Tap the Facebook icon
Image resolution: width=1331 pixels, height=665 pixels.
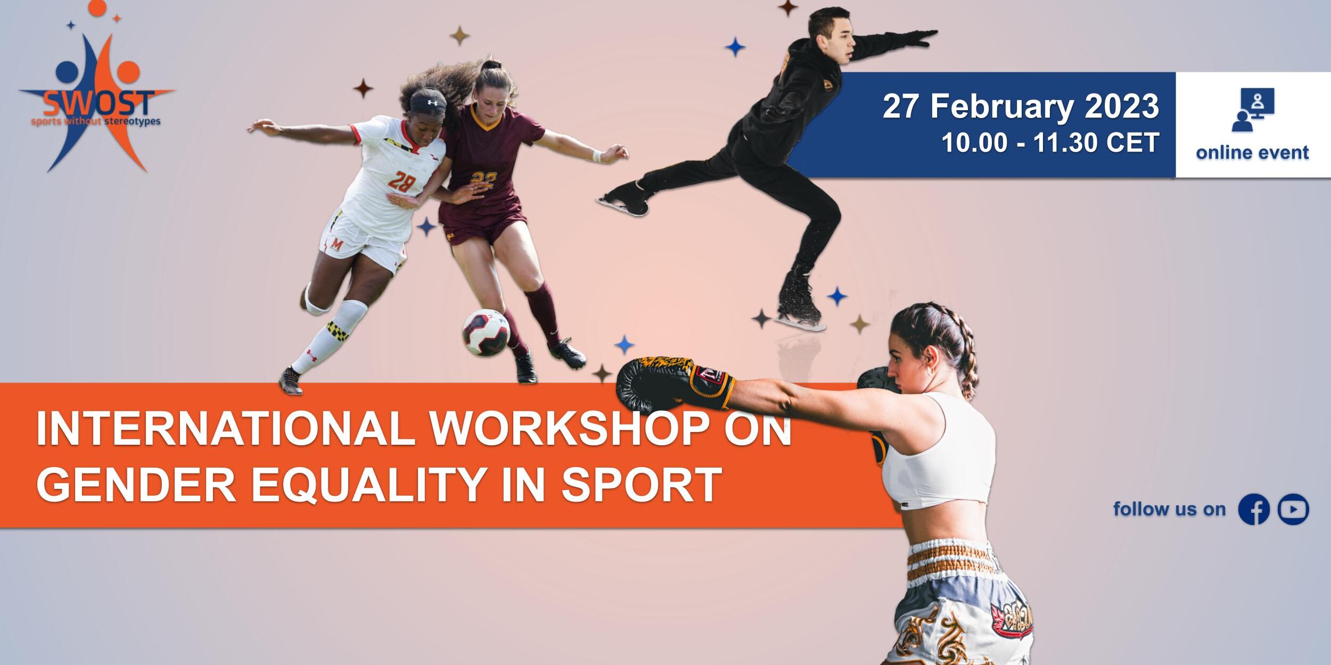pos(1254,509)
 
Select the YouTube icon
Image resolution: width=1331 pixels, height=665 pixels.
pos(1294,509)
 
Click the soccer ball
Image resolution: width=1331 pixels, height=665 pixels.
pos(486,332)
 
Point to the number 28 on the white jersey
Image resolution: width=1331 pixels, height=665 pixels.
pos(402,181)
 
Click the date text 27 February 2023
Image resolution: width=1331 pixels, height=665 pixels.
pos(1021,106)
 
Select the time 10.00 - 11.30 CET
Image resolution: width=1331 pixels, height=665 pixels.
pos(1050,143)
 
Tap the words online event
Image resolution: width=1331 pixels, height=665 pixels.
pos(1252,153)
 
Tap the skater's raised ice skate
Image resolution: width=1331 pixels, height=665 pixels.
pos(623,197)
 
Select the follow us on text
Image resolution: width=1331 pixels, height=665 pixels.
pos(1170,509)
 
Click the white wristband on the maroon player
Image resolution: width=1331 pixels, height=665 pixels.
pos(597,156)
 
